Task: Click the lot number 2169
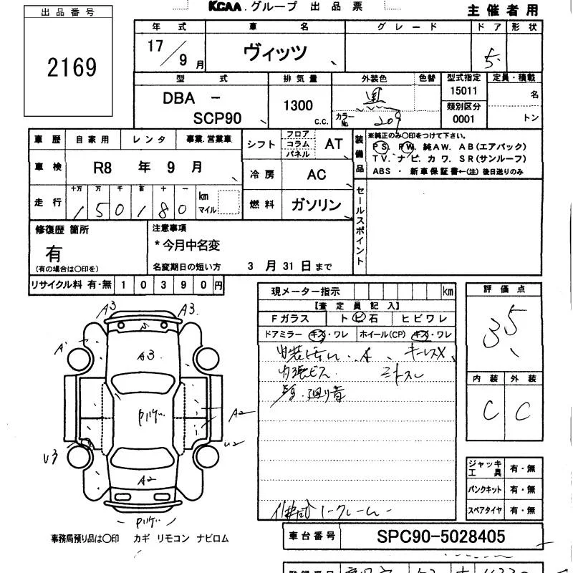pyautogui.click(x=72, y=68)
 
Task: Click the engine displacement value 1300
pyautogui.click(x=298, y=105)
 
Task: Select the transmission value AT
pyautogui.click(x=334, y=143)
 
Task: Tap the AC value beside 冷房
pyautogui.click(x=316, y=175)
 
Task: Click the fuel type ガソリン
pyautogui.click(x=316, y=205)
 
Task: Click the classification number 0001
pyautogui.click(x=463, y=120)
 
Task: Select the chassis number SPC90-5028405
pyautogui.click(x=440, y=536)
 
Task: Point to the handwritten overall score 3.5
pyautogui.click(x=505, y=326)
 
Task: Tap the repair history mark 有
pyautogui.click(x=54, y=253)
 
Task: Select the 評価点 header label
pyautogui.click(x=504, y=289)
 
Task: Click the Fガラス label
pyautogui.click(x=291, y=319)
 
